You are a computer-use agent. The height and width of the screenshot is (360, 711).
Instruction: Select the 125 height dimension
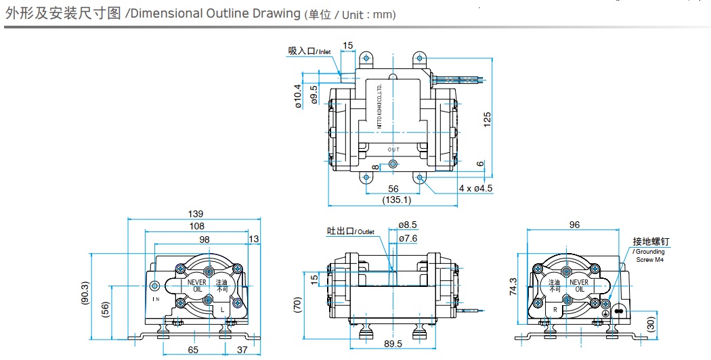(x=488, y=120)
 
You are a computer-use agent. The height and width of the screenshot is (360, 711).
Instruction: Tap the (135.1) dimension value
(x=397, y=200)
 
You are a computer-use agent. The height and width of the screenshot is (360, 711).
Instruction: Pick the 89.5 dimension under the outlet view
(x=393, y=344)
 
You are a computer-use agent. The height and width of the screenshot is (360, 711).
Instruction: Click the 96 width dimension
(x=575, y=225)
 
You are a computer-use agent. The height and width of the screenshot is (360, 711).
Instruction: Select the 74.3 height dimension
(x=513, y=287)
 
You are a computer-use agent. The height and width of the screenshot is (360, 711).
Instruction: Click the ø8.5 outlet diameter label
(x=408, y=225)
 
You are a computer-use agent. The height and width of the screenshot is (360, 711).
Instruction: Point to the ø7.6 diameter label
(x=408, y=238)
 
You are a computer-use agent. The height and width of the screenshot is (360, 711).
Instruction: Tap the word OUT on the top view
(x=394, y=150)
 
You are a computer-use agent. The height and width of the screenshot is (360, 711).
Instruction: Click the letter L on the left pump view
(x=222, y=309)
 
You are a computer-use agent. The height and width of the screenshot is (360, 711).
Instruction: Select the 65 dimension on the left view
(x=192, y=350)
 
